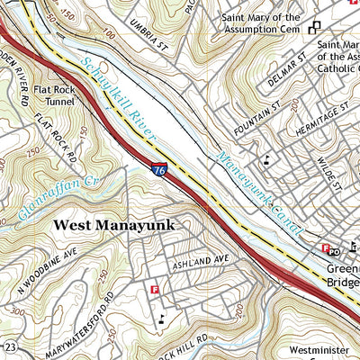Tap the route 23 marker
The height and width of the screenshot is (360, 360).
click(x=10, y=348)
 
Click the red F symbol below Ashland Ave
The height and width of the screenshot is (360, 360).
click(x=155, y=290)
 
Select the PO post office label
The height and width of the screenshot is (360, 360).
click(x=334, y=250)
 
